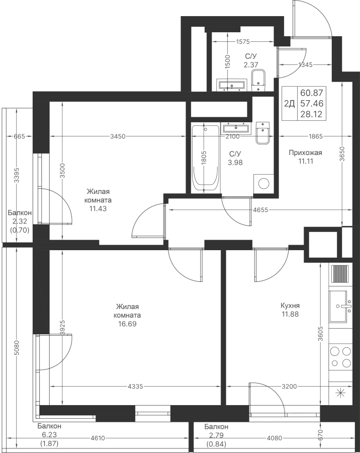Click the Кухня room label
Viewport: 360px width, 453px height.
290,306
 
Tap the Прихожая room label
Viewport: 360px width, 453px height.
305,153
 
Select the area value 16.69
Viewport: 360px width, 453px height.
127,324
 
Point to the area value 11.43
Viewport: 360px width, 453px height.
98,208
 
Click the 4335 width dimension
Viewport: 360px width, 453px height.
135,386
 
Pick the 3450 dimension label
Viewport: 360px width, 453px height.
118,136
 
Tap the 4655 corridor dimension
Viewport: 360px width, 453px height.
260,210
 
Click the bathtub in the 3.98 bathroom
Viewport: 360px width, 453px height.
205,158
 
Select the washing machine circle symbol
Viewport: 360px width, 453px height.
264,183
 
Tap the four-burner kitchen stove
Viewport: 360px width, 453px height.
341,357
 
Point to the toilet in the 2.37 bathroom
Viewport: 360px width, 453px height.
258,81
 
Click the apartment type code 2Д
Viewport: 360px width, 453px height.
290,103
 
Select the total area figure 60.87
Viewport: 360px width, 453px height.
312,93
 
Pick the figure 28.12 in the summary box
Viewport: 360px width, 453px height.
312,115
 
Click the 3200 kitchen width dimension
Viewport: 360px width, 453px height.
289,386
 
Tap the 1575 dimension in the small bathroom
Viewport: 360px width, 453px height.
242,42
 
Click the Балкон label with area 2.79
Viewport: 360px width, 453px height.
216,427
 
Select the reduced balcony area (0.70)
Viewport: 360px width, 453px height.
20,230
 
